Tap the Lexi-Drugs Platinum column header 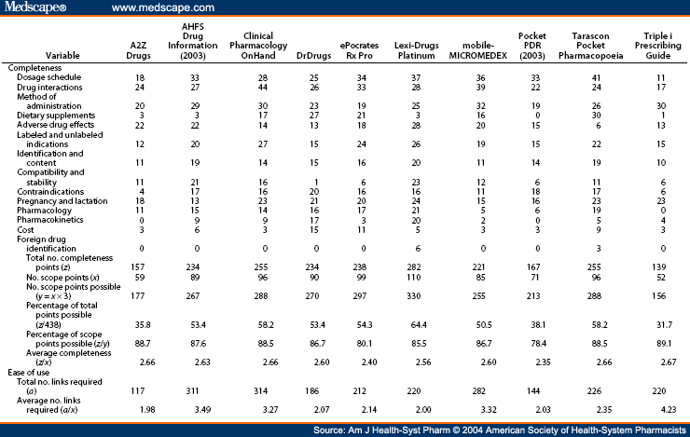point(401,51)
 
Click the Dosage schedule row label point(46,80)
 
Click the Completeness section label point(34,69)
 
